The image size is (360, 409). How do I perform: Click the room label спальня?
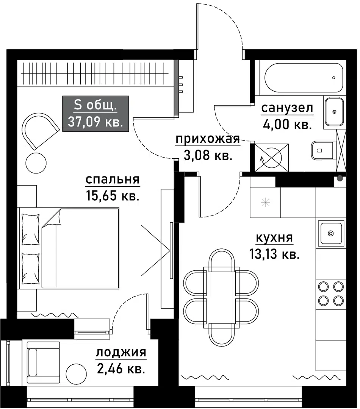(113, 180)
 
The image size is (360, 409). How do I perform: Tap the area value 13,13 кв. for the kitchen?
(274, 254)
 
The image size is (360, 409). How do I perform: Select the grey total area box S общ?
(95, 114)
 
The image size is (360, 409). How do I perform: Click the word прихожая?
(207, 140)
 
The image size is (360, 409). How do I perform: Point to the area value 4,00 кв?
(286, 125)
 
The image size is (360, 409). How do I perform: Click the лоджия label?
(121, 353)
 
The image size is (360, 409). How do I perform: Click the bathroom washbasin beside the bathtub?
(334, 112)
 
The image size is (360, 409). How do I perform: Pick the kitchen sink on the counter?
(331, 233)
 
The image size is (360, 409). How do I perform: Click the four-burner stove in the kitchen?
(330, 293)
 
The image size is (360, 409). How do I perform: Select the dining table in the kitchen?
(220, 295)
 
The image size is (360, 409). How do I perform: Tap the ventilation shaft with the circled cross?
(272, 156)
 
